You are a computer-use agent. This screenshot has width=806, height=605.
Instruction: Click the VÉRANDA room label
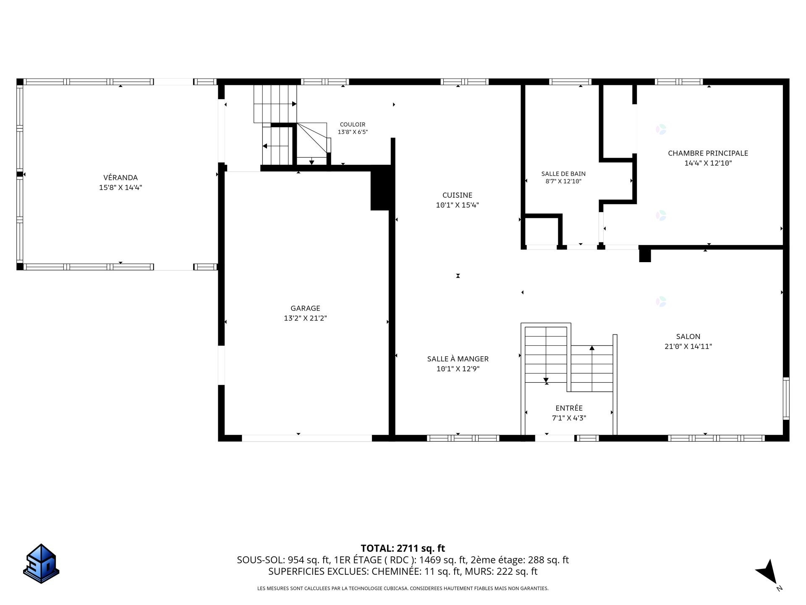pos(120,178)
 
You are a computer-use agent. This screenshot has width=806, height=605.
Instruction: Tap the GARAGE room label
pos(305,308)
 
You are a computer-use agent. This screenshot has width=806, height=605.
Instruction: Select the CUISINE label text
pos(457,195)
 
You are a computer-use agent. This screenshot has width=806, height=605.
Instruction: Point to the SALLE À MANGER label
pos(458,359)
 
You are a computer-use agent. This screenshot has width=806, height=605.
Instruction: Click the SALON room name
pos(688,337)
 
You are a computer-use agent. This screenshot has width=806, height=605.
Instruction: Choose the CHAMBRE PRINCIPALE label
pos(708,153)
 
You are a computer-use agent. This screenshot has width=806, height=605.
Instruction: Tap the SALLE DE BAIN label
pos(563,174)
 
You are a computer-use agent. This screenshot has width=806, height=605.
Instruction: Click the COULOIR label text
pos(353,124)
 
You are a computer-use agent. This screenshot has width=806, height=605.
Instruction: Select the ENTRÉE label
pos(569,408)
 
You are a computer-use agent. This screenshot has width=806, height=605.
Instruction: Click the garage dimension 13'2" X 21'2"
pos(305,318)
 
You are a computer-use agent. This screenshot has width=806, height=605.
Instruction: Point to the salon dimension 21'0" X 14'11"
pos(688,347)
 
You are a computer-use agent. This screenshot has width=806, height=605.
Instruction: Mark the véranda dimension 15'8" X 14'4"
pos(120,188)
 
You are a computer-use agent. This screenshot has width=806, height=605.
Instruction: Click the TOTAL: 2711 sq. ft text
pos(403,548)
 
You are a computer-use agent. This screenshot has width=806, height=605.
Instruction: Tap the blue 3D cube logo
pos(41,563)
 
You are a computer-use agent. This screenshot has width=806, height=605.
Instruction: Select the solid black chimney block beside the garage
pos(381,188)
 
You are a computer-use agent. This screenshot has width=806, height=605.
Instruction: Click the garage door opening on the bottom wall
pos(307,438)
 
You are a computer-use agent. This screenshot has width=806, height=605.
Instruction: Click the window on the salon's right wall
pos(786,398)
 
